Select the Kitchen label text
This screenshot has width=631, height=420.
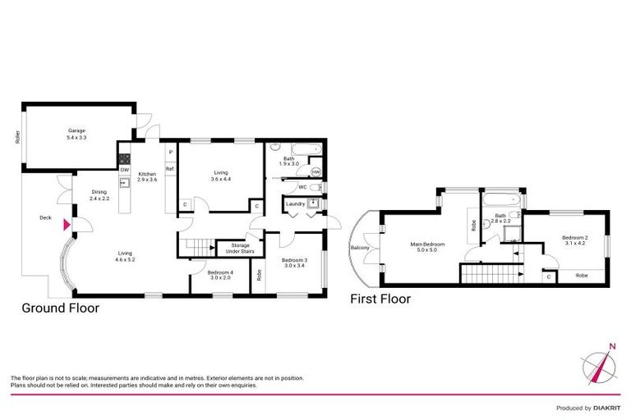pos(147,175)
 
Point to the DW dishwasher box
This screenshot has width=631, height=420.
pos(124,170)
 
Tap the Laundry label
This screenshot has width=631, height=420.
pos(295,203)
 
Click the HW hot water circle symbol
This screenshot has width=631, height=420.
pos(315,171)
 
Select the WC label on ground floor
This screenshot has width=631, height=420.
pos(303,187)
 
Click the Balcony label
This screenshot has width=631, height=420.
pos(360,247)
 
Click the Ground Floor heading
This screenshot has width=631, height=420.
pos(61,308)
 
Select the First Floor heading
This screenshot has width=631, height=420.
pos(380,299)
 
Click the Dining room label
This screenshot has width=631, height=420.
pos(99,195)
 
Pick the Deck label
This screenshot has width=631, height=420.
pos(45,218)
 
